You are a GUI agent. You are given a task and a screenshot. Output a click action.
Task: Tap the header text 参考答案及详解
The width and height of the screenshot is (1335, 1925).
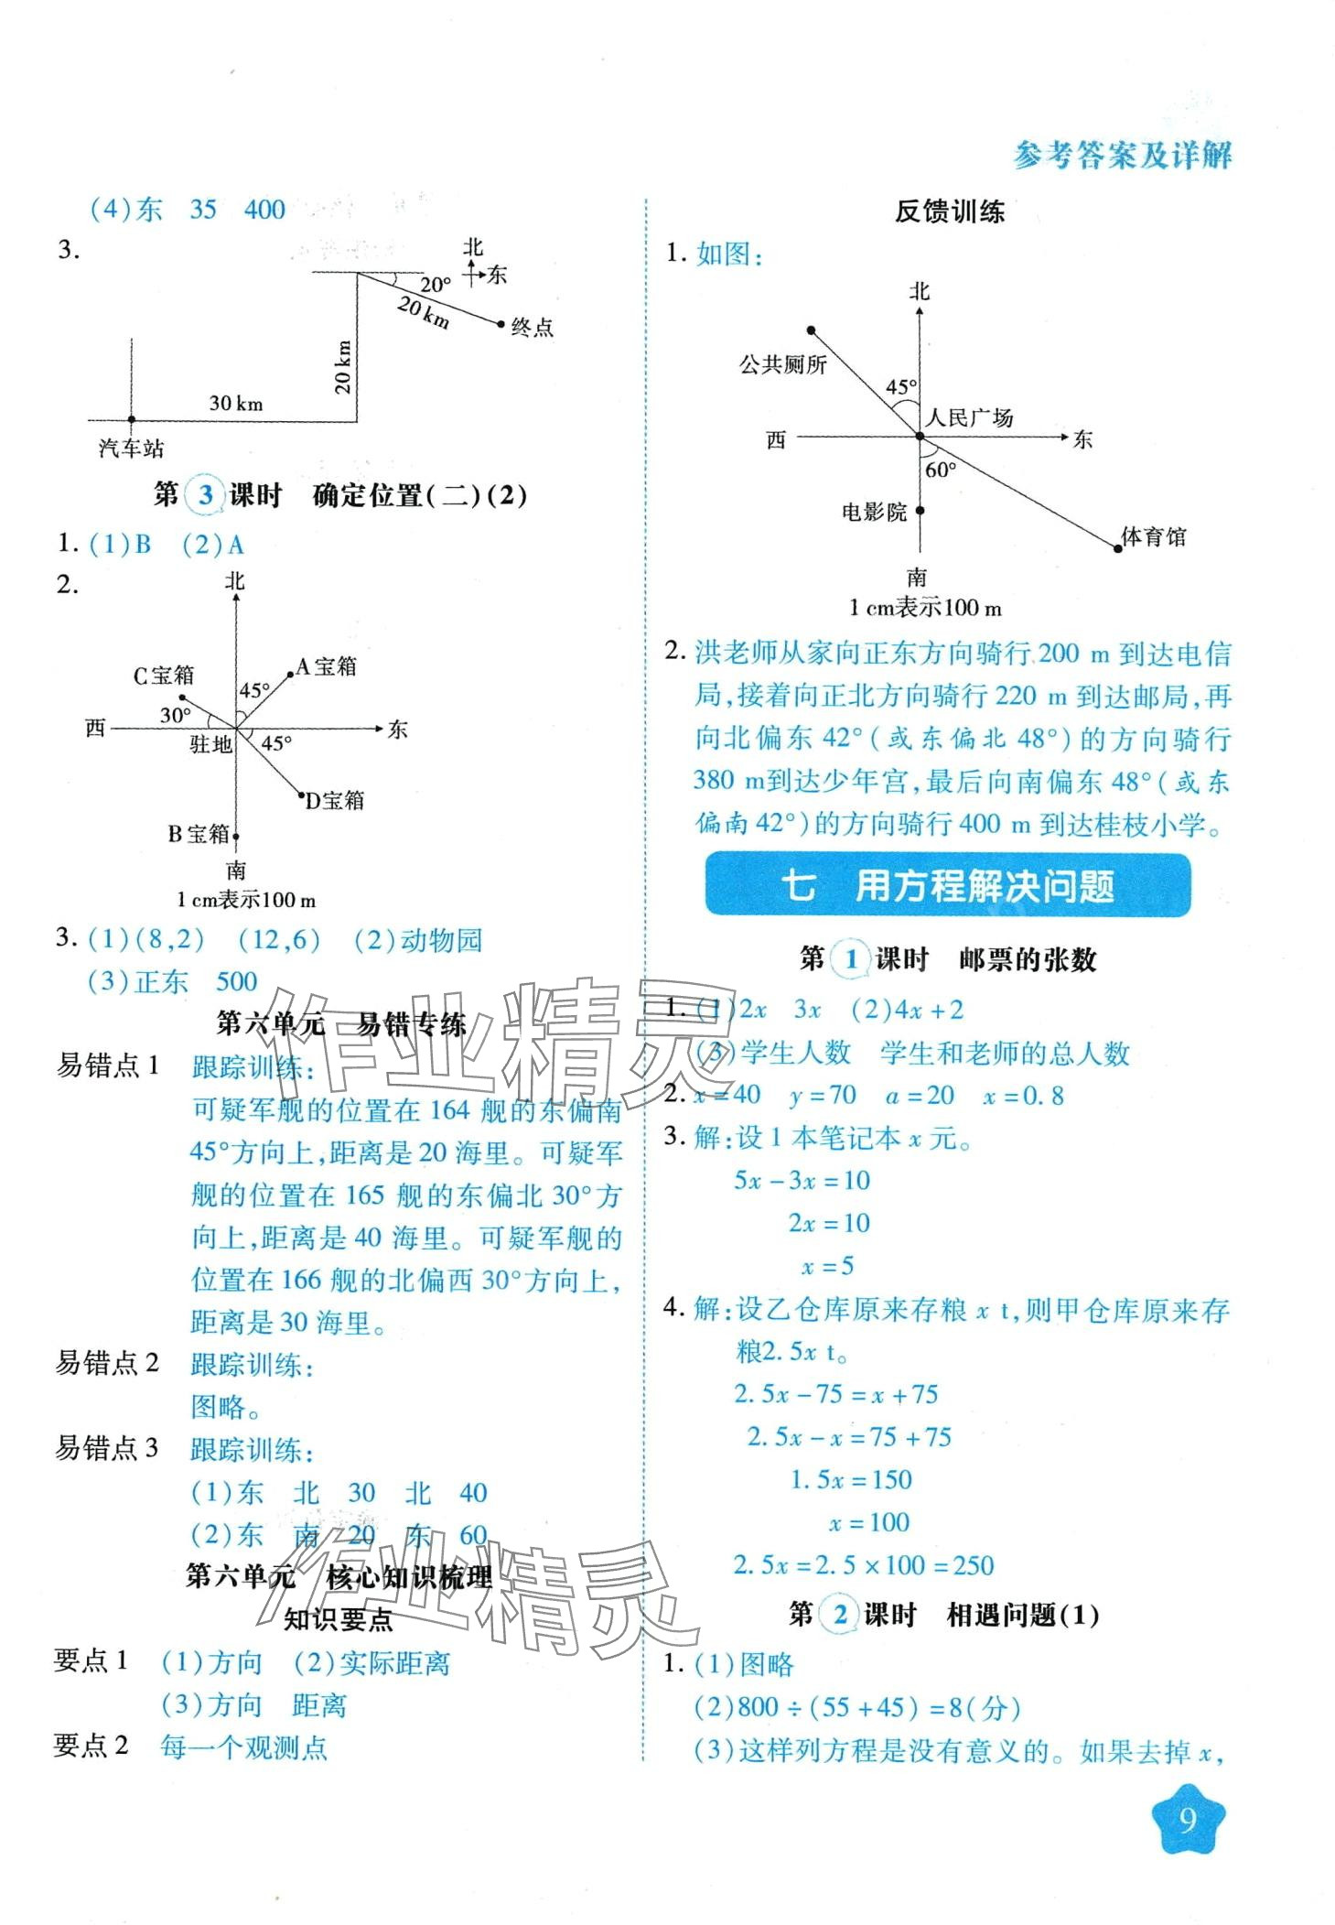1122,156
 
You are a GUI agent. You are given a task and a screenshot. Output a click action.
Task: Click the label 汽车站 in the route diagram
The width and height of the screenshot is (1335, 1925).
132,449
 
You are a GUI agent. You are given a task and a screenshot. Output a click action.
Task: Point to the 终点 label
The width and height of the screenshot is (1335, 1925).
533,328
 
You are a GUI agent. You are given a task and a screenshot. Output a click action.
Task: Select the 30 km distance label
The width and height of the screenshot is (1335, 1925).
236,403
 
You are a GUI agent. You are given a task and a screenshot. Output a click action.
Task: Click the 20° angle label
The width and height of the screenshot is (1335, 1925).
436,285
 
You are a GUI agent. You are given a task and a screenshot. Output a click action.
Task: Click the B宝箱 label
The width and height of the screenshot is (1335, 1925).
198,834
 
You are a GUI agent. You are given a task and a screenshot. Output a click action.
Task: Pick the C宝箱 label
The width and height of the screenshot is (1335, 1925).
164,676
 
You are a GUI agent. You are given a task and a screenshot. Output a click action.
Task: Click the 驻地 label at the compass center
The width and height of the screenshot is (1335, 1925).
210,744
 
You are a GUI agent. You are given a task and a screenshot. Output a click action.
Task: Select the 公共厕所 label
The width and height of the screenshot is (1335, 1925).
783,365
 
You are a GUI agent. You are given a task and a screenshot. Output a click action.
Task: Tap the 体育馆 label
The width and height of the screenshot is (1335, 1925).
1154,537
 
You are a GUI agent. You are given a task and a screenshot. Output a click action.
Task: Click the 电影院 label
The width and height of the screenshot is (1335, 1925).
874,513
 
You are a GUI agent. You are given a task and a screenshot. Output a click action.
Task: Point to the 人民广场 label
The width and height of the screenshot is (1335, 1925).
970,418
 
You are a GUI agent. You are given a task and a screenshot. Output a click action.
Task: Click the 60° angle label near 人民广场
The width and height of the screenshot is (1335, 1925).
941,470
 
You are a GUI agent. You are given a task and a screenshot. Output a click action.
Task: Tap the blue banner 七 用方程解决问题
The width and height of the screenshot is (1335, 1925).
948,886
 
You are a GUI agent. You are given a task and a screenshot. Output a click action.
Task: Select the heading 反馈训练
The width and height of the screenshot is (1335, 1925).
949,212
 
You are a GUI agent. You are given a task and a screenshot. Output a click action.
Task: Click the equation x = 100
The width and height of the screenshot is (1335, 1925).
868,1522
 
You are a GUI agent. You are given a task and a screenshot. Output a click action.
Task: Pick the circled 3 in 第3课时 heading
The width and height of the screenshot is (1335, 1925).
206,495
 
